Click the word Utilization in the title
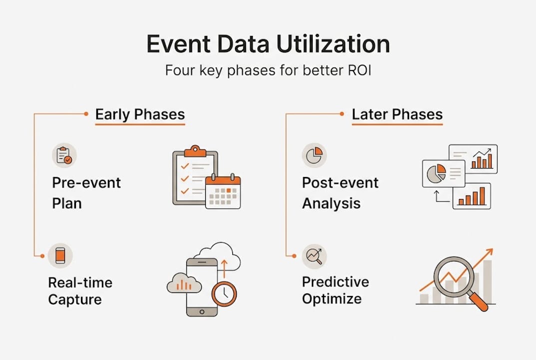click(333, 44)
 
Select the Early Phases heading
click(140, 114)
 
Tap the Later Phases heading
click(397, 114)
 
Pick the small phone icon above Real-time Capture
click(60, 255)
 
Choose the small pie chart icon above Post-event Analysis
click(314, 155)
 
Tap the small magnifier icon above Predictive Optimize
click(314, 256)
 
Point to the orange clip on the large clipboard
click(195, 151)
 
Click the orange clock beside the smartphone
click(224, 293)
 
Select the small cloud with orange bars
click(184, 283)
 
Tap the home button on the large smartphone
click(202, 311)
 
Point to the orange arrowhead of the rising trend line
click(489, 252)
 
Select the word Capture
click(75, 300)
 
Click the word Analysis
click(331, 203)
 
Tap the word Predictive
click(336, 282)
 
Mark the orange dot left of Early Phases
click(86, 113)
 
